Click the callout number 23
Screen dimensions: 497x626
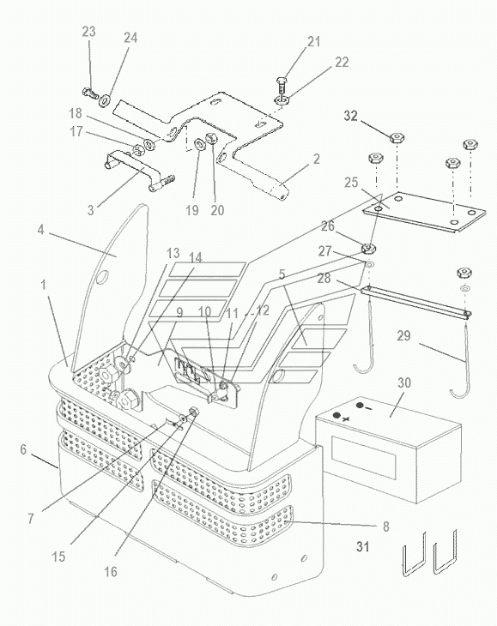[88, 32]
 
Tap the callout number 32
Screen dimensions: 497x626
[350, 116]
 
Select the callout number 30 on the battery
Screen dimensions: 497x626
[404, 382]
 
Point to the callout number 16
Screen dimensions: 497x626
[111, 572]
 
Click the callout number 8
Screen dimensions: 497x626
[386, 527]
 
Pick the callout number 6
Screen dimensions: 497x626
[23, 449]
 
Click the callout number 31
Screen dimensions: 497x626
[362, 546]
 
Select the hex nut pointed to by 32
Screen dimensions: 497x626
[397, 139]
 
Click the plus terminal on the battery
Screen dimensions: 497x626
[336, 416]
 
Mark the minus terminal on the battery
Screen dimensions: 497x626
[360, 406]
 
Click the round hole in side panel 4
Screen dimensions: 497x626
[102, 277]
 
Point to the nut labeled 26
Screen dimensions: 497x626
[368, 250]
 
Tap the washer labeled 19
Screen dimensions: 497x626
[199, 144]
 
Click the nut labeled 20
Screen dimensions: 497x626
[210, 138]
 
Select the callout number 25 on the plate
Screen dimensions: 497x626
[351, 183]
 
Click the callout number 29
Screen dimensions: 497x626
[403, 335]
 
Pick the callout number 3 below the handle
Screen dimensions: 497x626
[91, 210]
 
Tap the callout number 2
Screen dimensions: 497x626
[317, 159]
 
